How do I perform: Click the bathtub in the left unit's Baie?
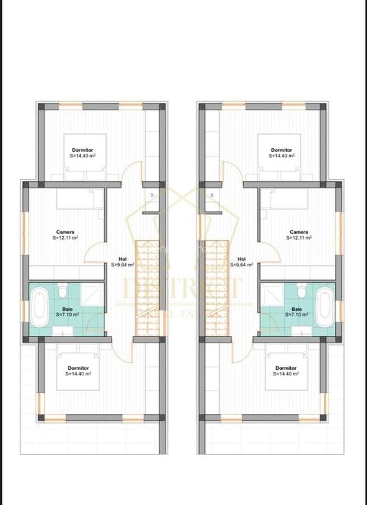[39, 307]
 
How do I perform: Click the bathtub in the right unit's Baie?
[326, 307]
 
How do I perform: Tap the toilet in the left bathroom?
[63, 291]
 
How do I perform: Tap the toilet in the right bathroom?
[302, 291]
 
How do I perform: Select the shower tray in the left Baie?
[92, 293]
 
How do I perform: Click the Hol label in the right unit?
[242, 259]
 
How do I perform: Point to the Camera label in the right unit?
[299, 232]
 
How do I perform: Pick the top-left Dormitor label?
[82, 150]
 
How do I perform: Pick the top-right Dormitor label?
[281, 150]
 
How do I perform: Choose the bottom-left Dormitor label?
[77, 368]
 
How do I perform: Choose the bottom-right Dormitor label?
[286, 368]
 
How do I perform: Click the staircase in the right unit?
[216, 289]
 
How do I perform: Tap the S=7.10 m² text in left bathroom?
[67, 314]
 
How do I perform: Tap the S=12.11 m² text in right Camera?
[299, 237]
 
